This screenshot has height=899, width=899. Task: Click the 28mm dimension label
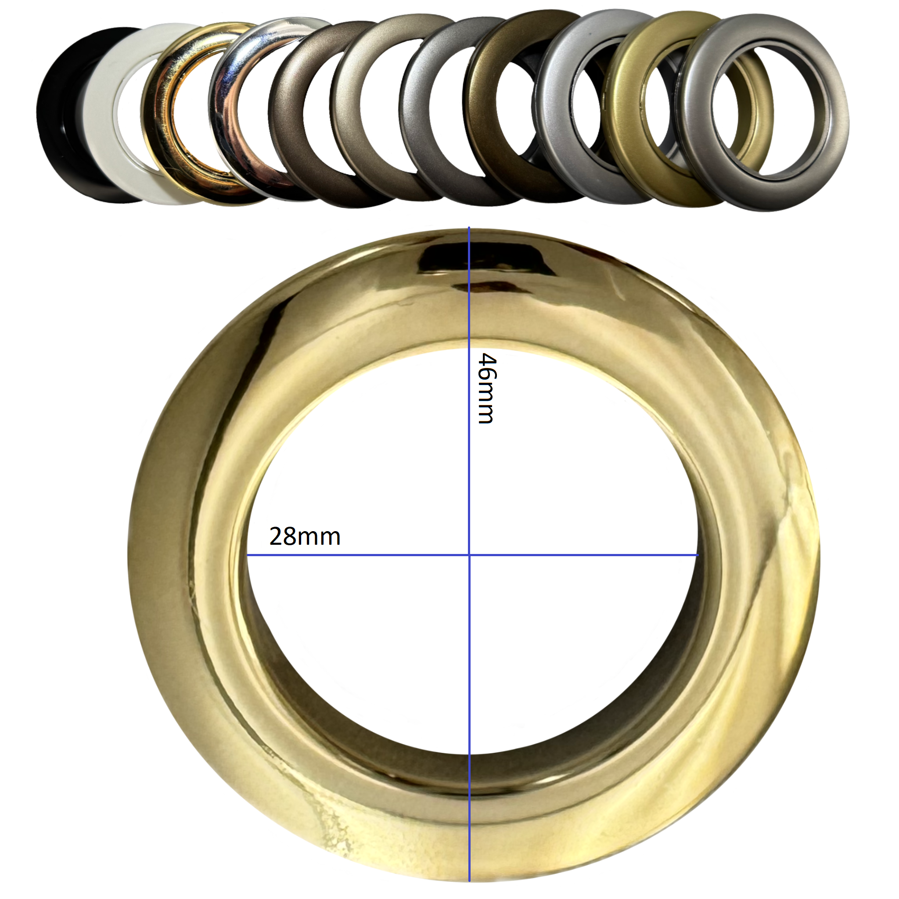305,536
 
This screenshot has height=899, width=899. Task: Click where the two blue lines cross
469,555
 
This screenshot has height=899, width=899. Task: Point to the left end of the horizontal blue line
247,555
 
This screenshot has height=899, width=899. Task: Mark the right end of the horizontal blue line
698,555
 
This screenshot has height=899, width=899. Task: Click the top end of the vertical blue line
469,227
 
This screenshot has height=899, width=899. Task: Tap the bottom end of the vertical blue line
469,881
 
